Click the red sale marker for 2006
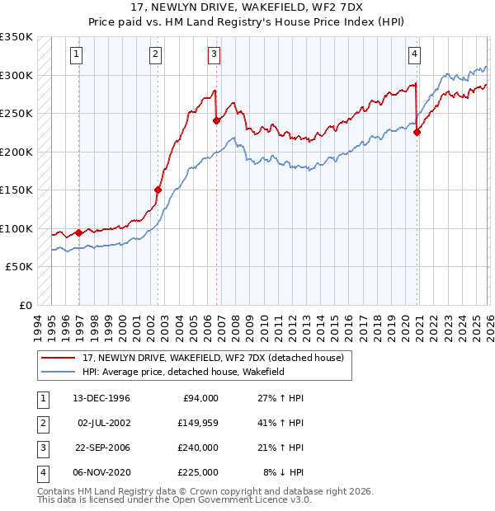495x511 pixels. click(x=217, y=120)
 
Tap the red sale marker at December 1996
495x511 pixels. click(x=79, y=232)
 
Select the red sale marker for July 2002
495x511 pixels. click(x=158, y=189)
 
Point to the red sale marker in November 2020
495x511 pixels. click(x=417, y=132)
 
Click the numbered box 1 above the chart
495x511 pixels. click(x=76, y=55)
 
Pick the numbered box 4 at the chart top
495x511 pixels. click(x=414, y=55)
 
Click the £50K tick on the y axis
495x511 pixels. click(x=20, y=267)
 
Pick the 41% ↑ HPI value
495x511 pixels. click(x=281, y=423)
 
